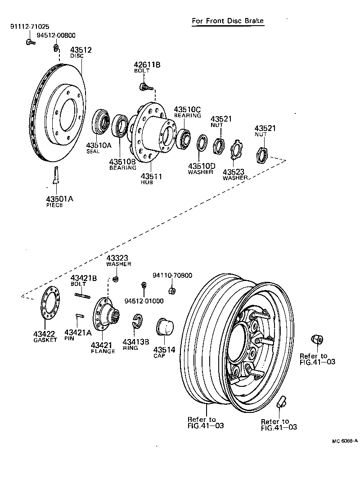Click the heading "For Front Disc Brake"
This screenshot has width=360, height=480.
228,21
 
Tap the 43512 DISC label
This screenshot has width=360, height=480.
81,52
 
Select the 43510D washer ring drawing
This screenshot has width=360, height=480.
202,143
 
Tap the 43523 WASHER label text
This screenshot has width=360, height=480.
234,174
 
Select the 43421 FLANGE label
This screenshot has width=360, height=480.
103,348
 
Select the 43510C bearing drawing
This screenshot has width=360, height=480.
184,138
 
